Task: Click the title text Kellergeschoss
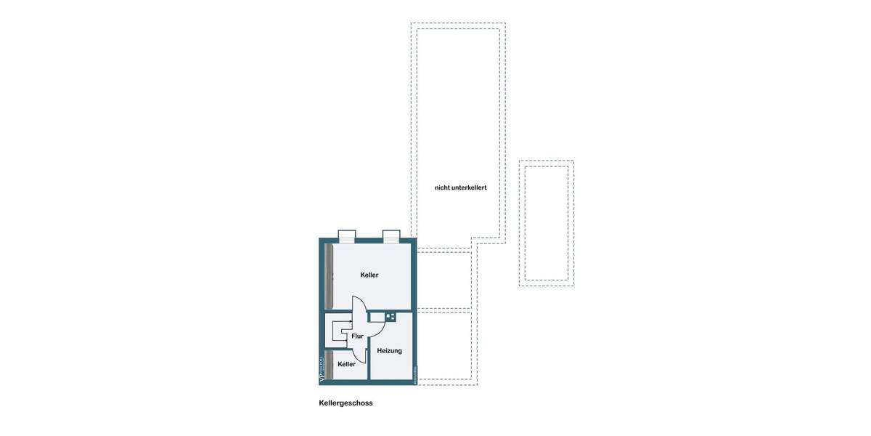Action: [345, 403]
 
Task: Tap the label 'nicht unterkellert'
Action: [460, 187]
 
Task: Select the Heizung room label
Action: [389, 351]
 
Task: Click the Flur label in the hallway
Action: [357, 336]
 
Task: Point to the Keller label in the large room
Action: [369, 275]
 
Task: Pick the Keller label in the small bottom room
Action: [346, 364]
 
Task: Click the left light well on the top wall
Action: [347, 235]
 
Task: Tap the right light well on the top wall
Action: [391, 235]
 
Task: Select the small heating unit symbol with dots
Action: [390, 317]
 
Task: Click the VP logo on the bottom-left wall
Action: [322, 370]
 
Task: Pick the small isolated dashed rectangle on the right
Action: [547, 223]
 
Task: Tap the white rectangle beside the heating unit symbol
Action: [377, 317]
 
